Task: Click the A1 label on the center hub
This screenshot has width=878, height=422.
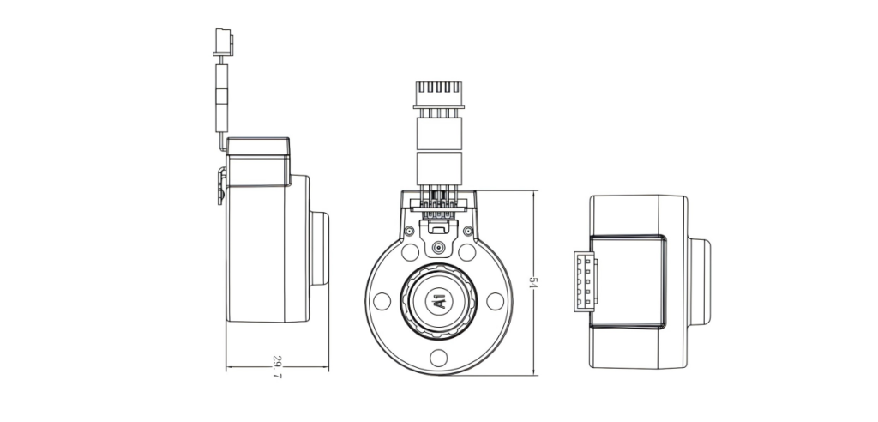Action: pos(439,301)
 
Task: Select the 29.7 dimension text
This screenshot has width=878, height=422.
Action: pos(276,365)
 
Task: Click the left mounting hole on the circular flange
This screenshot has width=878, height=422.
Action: pos(383,302)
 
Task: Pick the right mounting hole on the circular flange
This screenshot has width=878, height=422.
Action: pos(495,302)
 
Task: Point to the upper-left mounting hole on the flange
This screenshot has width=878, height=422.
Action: pos(410,253)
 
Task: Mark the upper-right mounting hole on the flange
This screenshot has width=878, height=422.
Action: pos(467,253)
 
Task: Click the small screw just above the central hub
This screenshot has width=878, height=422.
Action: pos(439,247)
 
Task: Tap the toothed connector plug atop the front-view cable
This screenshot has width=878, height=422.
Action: pos(439,94)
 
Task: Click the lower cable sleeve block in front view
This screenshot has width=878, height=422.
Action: pos(439,166)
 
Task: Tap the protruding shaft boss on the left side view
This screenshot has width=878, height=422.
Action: pos(319,249)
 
